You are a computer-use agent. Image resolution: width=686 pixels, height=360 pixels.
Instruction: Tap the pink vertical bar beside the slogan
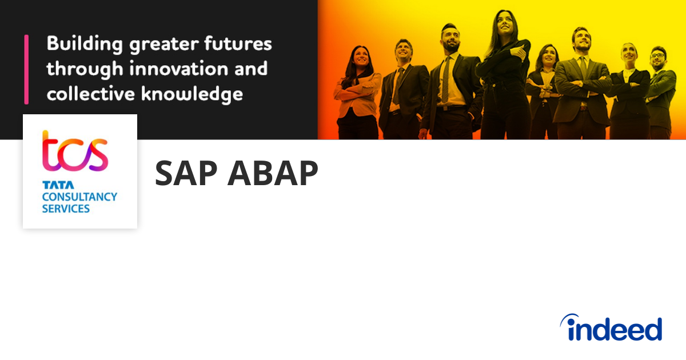[x=26, y=69]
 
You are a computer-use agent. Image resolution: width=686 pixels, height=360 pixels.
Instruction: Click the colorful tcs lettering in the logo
[x=75, y=151]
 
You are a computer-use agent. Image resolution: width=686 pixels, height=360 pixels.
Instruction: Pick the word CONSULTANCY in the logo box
[x=79, y=197]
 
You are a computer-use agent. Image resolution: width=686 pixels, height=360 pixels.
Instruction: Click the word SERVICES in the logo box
[x=66, y=209]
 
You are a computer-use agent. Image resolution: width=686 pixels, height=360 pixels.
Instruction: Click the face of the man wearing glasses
[x=657, y=58]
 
